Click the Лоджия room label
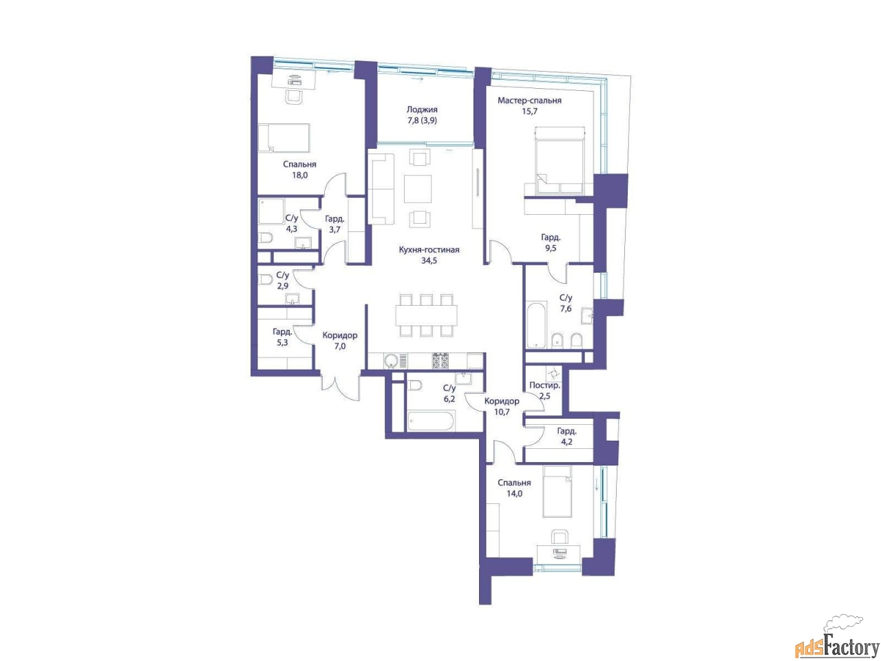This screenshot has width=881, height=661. pyautogui.click(x=422, y=109)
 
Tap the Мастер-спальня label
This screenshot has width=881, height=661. pyautogui.click(x=529, y=101)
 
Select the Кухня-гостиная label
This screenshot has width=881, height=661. pyautogui.click(x=429, y=250)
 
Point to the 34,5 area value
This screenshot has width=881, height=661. pyautogui.click(x=429, y=260)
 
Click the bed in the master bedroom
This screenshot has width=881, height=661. pyautogui.click(x=559, y=161)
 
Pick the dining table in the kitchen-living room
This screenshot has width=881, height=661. pyautogui.click(x=426, y=315)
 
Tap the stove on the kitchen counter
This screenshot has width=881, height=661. pyautogui.click(x=443, y=360)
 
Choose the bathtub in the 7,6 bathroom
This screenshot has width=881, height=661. pyautogui.click(x=535, y=326)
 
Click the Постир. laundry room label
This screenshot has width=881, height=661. pyautogui.click(x=544, y=386)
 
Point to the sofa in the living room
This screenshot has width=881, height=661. pyautogui.click(x=381, y=189)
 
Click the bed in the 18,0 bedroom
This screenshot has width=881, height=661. pyautogui.click(x=284, y=138)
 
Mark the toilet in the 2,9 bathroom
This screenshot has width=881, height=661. pyautogui.click(x=266, y=280)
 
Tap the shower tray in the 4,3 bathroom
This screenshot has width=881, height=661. pyautogui.click(x=271, y=211)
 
